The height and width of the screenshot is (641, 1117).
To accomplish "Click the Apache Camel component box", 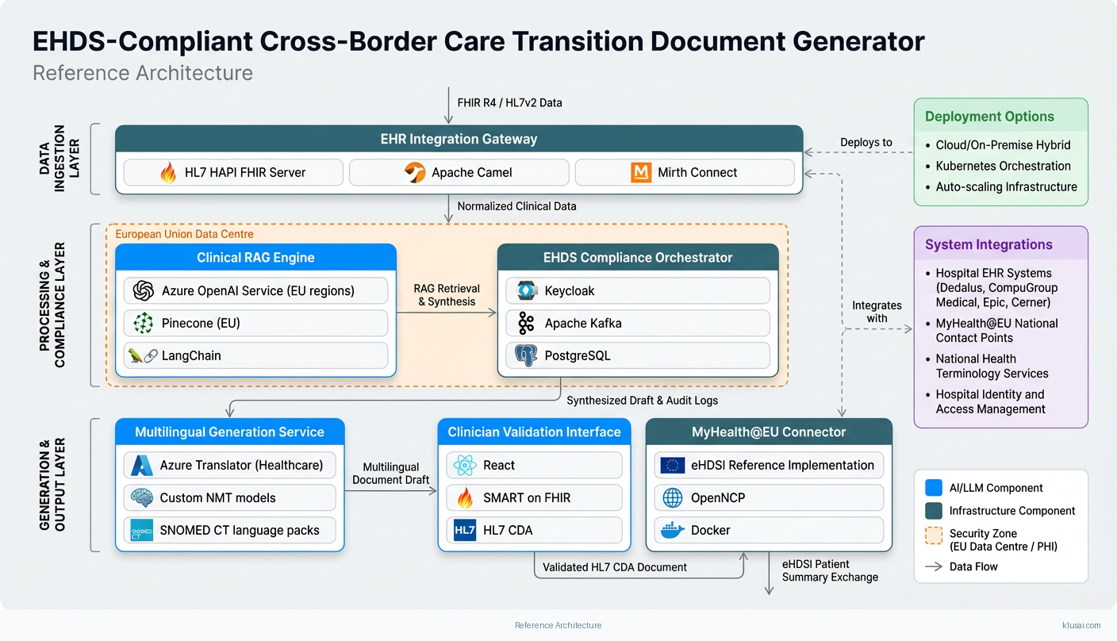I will click(459, 172).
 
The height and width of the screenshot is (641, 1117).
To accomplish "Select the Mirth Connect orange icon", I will click(641, 172).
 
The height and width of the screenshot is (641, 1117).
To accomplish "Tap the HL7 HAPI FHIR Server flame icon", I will click(168, 172).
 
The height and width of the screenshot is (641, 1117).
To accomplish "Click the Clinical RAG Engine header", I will click(255, 257).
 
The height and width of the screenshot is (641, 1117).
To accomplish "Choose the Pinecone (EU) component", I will click(255, 323).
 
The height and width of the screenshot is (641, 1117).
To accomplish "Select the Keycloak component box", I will click(637, 290).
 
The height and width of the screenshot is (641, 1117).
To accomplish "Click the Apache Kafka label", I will click(583, 323).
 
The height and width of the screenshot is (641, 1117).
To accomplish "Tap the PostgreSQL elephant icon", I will click(526, 355).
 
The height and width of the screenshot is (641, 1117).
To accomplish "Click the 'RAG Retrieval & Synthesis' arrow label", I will click(447, 295).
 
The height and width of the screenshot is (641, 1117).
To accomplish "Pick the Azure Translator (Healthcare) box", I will click(230, 465).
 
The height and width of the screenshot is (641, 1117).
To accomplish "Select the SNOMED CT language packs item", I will click(230, 530).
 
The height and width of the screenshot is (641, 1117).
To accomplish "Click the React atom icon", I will click(466, 465).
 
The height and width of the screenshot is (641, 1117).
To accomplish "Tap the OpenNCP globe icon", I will click(673, 497).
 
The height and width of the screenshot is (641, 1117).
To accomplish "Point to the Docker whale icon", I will click(673, 530).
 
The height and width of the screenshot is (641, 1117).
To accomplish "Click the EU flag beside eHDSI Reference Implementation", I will click(673, 465).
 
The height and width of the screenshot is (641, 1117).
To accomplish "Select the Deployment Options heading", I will click(989, 117).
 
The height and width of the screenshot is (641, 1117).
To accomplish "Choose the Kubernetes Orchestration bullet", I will click(1003, 166).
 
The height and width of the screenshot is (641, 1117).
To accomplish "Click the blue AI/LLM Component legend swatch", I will click(934, 487).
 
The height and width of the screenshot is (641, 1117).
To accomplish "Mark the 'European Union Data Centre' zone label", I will click(184, 234).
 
